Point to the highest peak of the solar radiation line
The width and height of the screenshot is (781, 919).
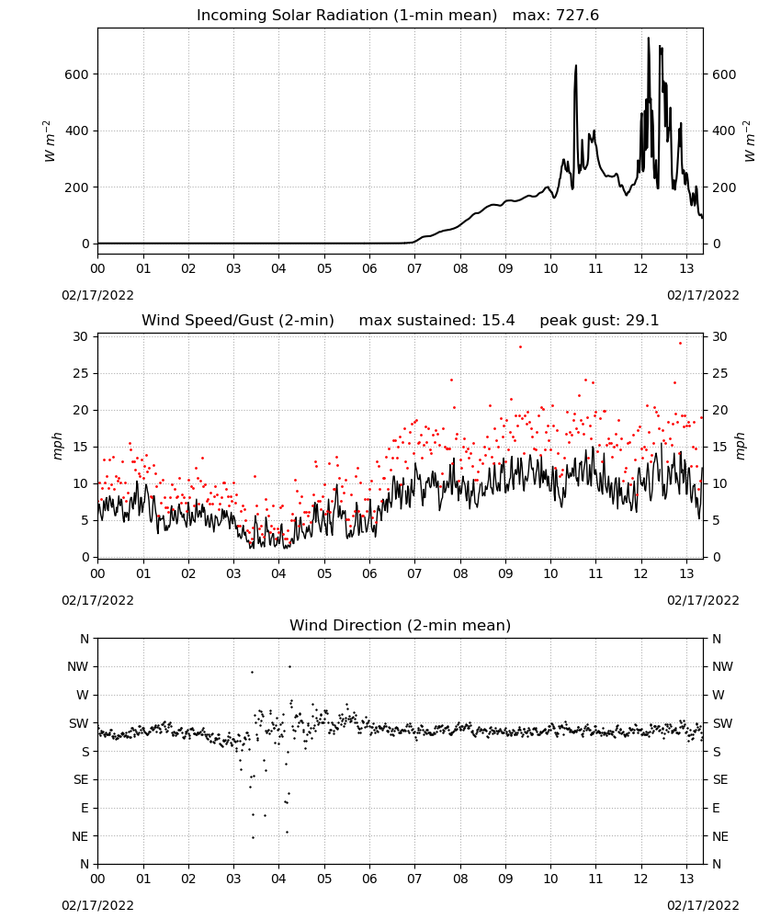[648, 39]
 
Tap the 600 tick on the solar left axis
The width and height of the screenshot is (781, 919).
[77, 74]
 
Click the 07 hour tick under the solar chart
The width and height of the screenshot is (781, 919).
[414, 268]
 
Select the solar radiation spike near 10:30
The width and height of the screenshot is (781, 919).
[575, 66]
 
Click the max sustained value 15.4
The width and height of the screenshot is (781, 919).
[498, 321]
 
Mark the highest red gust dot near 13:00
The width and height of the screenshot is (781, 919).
[680, 344]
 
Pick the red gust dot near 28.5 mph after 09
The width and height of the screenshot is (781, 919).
[520, 347]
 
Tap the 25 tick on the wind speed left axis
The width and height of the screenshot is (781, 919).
[81, 373]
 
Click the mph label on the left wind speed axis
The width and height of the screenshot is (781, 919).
[57, 446]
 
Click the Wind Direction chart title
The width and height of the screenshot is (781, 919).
[401, 625]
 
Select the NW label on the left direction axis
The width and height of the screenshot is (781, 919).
[78, 666]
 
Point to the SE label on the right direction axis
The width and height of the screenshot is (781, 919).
[720, 779]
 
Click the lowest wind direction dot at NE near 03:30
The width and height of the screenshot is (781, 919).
[253, 837]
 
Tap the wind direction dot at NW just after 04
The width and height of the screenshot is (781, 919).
[289, 666]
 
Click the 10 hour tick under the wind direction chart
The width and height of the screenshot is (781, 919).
[550, 879]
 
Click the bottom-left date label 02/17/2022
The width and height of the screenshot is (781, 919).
[97, 905]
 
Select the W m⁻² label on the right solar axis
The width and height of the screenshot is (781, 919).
[750, 142]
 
